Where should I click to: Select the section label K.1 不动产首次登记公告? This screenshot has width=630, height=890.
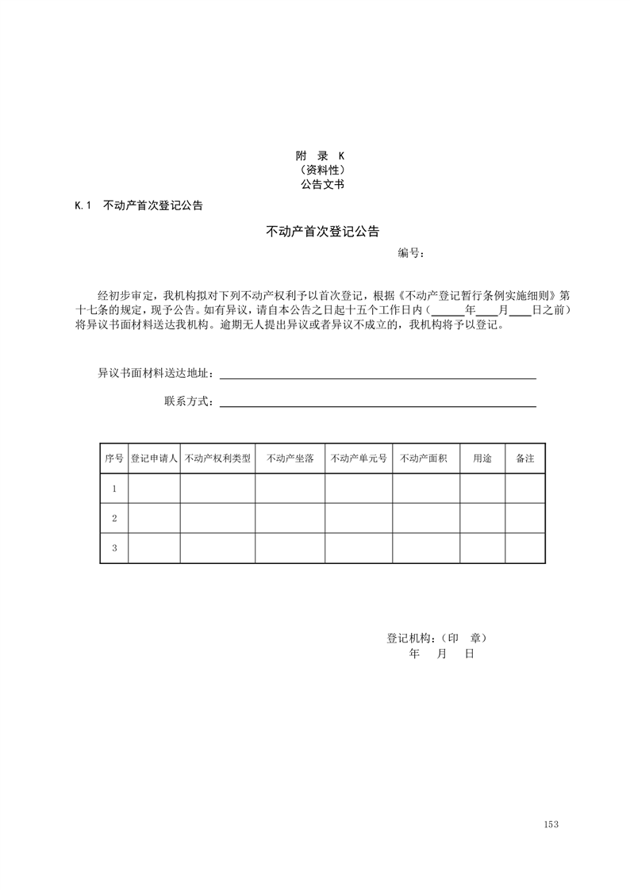point(139,205)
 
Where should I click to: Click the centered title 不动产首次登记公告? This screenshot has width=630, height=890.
point(322,232)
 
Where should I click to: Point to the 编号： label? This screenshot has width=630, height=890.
point(411,253)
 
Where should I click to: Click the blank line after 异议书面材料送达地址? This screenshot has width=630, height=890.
point(378,374)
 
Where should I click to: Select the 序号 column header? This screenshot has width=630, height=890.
point(114,458)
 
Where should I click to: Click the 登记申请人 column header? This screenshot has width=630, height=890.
point(154,458)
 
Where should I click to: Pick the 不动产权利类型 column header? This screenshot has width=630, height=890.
point(217,458)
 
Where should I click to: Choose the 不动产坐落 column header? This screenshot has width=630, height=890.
point(290,458)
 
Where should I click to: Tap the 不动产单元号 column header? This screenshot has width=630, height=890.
point(359,458)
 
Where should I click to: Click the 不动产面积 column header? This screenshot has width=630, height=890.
point(426,458)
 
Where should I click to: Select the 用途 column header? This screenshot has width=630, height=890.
point(482,458)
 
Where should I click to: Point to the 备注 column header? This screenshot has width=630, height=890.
point(525,458)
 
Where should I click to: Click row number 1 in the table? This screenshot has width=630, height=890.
point(114,489)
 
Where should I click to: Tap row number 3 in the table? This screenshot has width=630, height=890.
point(114,548)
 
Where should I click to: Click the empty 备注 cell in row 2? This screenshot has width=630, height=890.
point(525,518)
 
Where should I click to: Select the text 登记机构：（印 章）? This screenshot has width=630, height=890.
point(436,638)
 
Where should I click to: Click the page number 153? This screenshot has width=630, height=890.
point(551,824)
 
